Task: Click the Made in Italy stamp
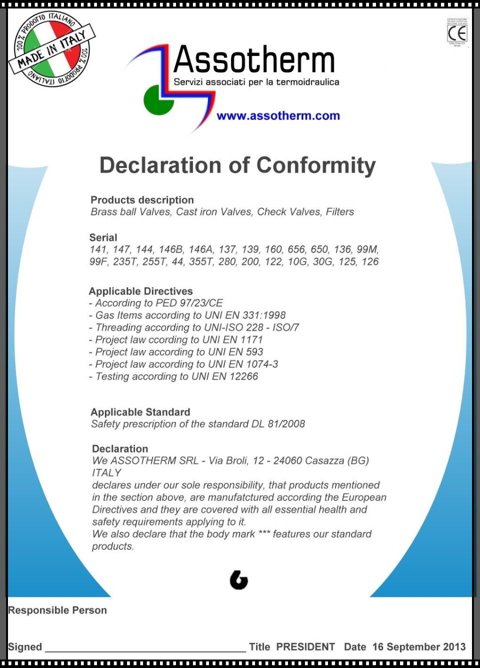coord(52,49)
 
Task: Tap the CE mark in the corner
coord(457,33)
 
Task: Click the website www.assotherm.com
coord(278,116)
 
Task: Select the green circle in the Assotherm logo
coord(158,100)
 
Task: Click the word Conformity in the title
coord(316,165)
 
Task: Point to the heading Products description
coord(142,200)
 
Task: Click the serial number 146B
coord(171,249)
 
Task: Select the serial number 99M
coord(367,249)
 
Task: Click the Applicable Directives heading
coord(140,291)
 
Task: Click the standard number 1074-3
coord(262,364)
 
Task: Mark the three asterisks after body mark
coord(264,534)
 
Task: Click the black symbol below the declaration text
coord(239,580)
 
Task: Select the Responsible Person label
coord(57,610)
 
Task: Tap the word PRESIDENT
coord(305,647)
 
